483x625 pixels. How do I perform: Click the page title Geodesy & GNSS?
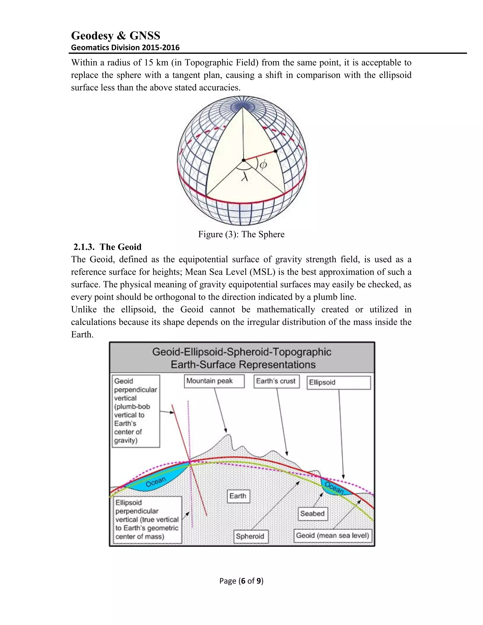pos(115,36)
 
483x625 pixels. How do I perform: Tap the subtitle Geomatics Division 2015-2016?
pos(125,47)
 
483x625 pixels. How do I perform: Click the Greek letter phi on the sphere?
pos(263,165)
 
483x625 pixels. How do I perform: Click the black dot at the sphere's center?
pos(243,160)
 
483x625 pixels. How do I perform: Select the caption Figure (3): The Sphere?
pos(241,234)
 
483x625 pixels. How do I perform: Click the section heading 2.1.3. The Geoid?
pos(107,247)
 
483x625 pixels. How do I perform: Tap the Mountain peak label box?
pos(214,381)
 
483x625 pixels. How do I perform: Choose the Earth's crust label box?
pos(276,381)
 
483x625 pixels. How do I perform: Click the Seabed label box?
pos(312,514)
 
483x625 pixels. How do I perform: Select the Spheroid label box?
pos(251,536)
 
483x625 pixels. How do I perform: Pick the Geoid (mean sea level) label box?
pos(333,536)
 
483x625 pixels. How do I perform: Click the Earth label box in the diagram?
pos(238,496)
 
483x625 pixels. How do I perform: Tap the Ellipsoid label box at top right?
pos(338,383)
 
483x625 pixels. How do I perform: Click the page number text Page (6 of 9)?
pos(241,581)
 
